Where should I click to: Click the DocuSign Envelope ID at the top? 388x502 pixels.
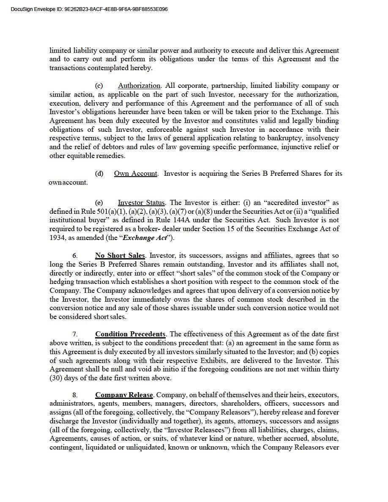point(89,9)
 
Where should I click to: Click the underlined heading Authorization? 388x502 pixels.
point(139,86)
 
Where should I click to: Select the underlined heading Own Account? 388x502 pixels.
point(136,174)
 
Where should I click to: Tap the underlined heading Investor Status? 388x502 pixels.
point(142,203)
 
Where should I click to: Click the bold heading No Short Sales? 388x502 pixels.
point(120,256)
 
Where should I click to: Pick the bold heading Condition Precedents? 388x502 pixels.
point(130,334)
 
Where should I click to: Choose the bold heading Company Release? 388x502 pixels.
point(124,395)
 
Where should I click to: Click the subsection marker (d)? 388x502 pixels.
point(99,174)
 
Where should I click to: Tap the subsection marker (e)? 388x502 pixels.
point(99,203)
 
